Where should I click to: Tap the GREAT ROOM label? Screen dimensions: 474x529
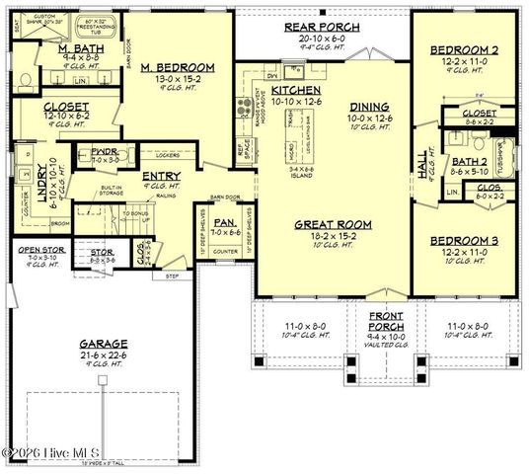pos(325,224)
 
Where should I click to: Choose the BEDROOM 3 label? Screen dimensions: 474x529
pos(462,241)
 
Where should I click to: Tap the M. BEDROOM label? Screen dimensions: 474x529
pos(172,68)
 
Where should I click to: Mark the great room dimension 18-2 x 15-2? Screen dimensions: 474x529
pos(325,237)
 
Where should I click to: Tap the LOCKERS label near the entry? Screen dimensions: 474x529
pos(167,155)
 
